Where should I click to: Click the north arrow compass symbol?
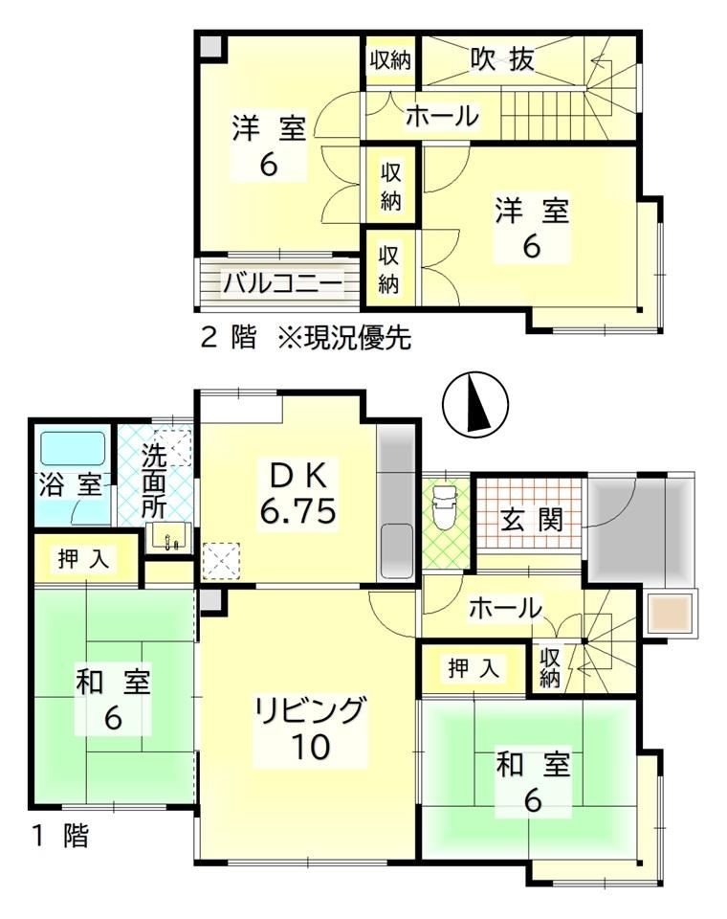coord(475,404)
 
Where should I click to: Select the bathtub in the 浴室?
coord(73,448)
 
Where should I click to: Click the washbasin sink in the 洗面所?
coord(170,536)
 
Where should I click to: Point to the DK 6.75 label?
coord(297,494)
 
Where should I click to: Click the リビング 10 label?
coord(310,728)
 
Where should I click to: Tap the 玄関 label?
coord(532,519)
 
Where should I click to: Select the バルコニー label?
coord(282,284)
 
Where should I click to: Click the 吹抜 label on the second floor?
coord(502,58)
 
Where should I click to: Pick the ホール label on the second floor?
coord(442,116)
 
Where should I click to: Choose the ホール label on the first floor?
coord(505,609)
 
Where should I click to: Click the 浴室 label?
coord(70,484)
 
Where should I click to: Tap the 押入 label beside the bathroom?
coord(84,558)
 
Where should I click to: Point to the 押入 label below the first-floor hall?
coord(474,667)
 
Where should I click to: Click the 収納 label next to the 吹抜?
coord(389,60)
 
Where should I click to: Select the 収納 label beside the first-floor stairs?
coord(550,667)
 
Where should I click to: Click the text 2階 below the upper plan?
coord(229,338)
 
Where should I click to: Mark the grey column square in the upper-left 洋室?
coord(210,47)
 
